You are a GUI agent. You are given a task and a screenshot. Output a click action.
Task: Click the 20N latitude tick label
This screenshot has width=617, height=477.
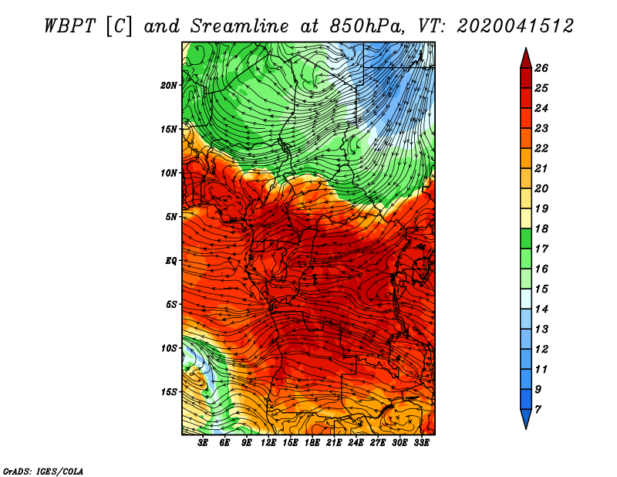[x=168, y=86]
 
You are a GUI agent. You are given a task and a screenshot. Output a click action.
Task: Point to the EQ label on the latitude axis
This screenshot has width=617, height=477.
[x=171, y=261]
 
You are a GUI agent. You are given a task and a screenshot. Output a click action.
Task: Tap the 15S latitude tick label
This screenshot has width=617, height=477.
[x=169, y=392]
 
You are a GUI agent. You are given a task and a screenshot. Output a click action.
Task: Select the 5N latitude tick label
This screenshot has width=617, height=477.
[x=171, y=217]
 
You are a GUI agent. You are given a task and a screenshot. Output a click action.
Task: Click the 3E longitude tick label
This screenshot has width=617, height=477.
[x=203, y=443]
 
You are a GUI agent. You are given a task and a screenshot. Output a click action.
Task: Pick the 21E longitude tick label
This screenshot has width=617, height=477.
[x=334, y=443]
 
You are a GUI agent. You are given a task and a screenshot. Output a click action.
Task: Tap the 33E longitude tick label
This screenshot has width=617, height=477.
[x=421, y=443]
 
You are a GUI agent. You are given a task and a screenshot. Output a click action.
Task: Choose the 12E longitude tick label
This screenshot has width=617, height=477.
[x=268, y=443]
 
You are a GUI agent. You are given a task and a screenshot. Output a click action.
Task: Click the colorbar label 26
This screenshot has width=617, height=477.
[x=541, y=68]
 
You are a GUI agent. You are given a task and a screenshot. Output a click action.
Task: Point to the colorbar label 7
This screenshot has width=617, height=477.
[x=538, y=409]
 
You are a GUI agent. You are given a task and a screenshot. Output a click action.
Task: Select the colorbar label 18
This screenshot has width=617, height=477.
[x=541, y=228]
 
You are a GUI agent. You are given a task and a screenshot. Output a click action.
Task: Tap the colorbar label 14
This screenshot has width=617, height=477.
[x=541, y=310]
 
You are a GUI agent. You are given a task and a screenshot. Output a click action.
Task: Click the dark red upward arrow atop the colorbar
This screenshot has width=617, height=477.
[x=526, y=59]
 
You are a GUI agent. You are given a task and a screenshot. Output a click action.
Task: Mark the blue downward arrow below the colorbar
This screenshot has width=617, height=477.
[x=526, y=418]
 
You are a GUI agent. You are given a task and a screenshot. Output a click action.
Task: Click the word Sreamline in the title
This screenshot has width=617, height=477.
[x=240, y=26]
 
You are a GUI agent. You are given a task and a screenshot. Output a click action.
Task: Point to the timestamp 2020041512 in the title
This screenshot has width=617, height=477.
[x=515, y=26]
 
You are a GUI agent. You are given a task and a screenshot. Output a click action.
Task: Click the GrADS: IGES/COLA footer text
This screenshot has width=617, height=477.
[x=43, y=471]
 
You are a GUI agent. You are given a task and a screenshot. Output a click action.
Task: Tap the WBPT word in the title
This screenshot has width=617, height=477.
[x=69, y=26]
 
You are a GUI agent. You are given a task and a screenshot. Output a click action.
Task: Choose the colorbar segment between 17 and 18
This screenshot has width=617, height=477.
[x=526, y=238]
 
